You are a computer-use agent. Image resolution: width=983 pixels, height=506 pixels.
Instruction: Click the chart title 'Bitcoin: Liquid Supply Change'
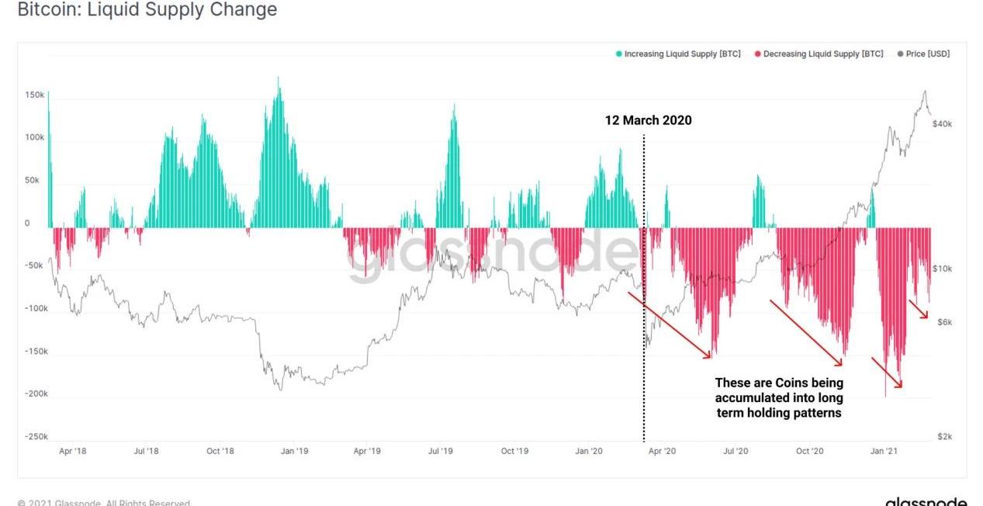coord(147,10)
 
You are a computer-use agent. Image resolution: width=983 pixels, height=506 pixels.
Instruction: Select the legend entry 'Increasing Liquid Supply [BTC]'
coord(678,54)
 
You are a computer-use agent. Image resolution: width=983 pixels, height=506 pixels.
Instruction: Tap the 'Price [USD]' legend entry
coord(923,54)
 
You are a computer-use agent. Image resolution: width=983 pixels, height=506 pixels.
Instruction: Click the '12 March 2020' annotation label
coord(648,120)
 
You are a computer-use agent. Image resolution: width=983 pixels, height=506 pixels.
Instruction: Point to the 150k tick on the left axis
coord(35,95)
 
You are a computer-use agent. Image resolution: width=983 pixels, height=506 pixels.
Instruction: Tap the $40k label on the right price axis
coord(942,124)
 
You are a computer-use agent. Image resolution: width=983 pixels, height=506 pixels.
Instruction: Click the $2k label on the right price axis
coord(943,437)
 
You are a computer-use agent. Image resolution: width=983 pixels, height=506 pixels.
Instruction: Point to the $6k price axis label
coord(943,322)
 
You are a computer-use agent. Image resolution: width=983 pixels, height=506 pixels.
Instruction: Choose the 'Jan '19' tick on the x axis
coord(293,451)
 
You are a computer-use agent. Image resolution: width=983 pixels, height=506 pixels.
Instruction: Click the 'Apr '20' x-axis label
coord(661,451)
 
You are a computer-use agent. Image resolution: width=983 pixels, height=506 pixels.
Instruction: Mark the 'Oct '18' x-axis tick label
coord(220,451)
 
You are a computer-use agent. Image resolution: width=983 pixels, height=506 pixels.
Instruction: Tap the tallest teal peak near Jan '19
coord(279,78)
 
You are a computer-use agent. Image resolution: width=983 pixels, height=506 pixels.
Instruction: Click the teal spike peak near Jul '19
coord(454,106)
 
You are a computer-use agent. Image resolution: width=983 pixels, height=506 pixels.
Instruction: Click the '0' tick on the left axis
coord(27,224)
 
